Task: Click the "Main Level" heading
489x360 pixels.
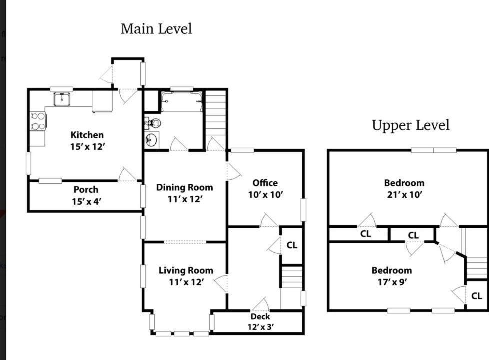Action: (156, 29)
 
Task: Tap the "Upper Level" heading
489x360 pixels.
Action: (410, 125)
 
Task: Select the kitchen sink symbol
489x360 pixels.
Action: (62, 99)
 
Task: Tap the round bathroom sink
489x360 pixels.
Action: (151, 140)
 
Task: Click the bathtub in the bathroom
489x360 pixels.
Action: (182, 101)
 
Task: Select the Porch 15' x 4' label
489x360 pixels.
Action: (86, 195)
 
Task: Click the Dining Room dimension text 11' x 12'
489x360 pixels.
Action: (185, 199)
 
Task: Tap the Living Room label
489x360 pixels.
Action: (186, 270)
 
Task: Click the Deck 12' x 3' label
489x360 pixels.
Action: (260, 322)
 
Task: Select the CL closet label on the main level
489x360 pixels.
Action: (292, 245)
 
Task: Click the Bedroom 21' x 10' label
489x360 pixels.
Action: (404, 188)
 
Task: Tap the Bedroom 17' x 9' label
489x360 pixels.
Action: (392, 276)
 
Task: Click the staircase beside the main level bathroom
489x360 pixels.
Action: (215, 120)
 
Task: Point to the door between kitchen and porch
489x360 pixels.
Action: (127, 174)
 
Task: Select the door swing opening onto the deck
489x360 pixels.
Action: (260, 304)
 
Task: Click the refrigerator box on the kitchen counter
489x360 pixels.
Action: (102, 101)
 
